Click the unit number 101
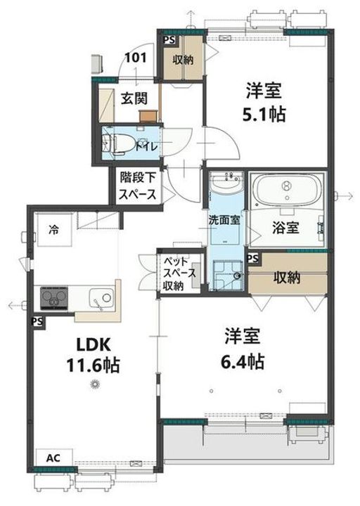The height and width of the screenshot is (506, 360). point(137,59)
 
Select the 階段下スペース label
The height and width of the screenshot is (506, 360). point(138,187)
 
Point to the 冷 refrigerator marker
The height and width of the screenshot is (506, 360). point(53,228)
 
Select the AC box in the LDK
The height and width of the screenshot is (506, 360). point(53,458)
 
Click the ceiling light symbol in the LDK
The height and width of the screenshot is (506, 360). point(96,383)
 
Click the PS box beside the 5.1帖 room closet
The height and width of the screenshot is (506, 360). point(169,41)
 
